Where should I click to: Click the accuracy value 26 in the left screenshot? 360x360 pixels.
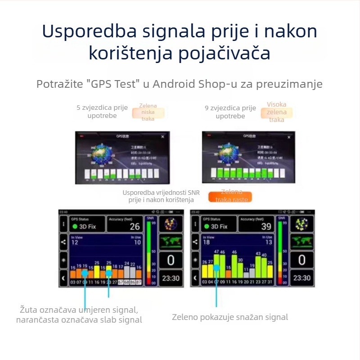click(x=135, y=226)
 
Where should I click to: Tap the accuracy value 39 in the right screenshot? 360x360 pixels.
click(x=266, y=226)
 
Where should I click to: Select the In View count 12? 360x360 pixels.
click(x=75, y=243)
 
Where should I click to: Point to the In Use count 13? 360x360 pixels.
click(x=268, y=243)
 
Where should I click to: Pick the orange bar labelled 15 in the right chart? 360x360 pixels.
click(x=228, y=274)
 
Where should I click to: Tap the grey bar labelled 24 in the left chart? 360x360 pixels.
click(x=127, y=272)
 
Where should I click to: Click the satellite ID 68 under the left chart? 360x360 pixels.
click(x=127, y=282)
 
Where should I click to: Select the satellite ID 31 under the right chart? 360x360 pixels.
click(x=270, y=282)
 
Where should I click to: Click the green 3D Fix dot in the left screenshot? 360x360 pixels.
click(x=75, y=226)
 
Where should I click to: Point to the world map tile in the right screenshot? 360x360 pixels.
click(x=301, y=242)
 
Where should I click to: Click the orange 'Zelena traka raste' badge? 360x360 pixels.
click(x=229, y=196)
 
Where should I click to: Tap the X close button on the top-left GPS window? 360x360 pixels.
click(x=163, y=136)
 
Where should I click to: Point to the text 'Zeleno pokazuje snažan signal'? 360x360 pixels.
click(x=229, y=317)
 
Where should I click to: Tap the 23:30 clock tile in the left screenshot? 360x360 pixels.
click(x=171, y=278)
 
